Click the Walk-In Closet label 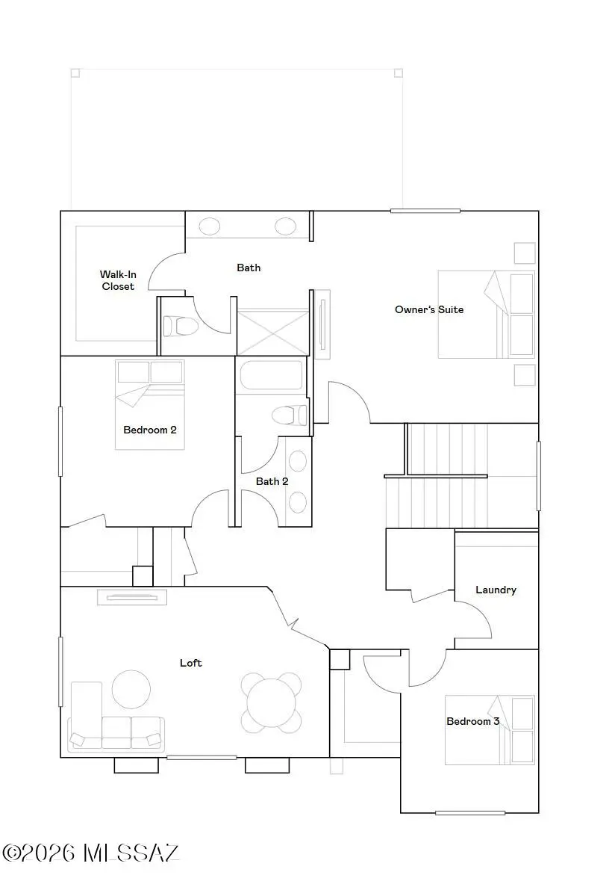pos(118,280)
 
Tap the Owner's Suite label pos(429,309)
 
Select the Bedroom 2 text pos(149,430)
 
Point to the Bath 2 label pos(272,481)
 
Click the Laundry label pos(496,590)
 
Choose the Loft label pos(190,663)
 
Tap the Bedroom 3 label pos(473,721)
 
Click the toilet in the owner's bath pos(181,326)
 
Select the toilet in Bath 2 pos(290,415)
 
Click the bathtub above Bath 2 pos(272,375)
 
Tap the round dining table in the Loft pos(272,703)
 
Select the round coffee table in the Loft pos(131,688)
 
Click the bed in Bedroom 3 pos(490,730)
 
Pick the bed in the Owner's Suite pos(486,314)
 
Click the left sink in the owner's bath pos(210,226)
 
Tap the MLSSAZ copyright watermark pos(91,853)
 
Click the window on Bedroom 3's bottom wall pos(470,812)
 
